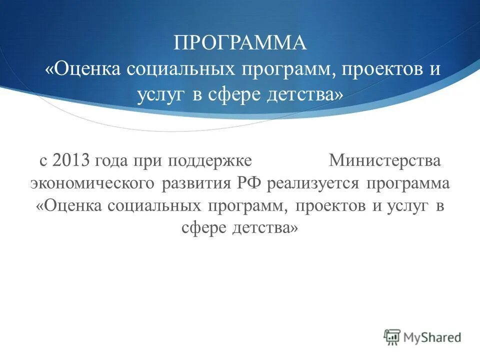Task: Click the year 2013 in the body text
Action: (70, 161)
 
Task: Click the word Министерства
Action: (385, 161)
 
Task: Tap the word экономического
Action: (91, 183)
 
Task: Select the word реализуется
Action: (313, 183)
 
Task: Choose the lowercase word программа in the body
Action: (408, 183)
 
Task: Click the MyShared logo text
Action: (432, 337)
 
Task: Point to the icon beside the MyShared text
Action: (392, 337)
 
